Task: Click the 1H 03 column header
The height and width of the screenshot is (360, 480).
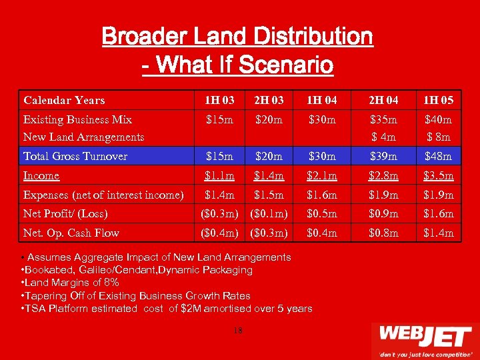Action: coord(219,101)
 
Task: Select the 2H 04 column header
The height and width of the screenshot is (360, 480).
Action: coord(383,101)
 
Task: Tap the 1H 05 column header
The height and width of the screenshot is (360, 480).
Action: coord(439,101)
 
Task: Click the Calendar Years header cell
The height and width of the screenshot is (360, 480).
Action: coord(64,101)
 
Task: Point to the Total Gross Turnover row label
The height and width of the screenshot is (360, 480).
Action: coord(75,156)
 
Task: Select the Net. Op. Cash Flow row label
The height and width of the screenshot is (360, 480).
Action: coord(71,233)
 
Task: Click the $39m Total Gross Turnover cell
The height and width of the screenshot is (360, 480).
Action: coord(383,156)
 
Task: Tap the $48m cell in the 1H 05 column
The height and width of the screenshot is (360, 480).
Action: coord(439,156)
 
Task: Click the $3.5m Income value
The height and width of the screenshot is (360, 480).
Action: coord(439,175)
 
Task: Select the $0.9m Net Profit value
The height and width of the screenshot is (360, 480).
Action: coord(383,213)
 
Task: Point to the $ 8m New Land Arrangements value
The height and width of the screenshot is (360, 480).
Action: coord(439,137)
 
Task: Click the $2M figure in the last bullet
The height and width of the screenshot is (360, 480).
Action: coord(191,308)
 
